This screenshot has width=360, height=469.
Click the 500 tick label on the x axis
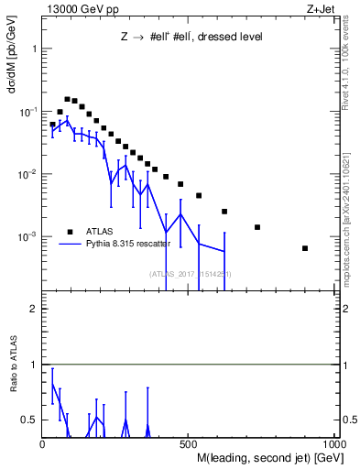pos(189,445)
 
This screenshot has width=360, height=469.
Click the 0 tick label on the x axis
pos(42,445)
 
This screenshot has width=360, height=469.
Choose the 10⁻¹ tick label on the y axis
pos(28,112)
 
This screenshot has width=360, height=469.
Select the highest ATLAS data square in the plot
pos(67,99)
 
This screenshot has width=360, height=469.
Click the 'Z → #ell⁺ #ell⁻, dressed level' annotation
pos(191,38)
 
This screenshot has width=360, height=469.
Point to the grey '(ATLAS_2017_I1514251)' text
pos(190,274)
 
